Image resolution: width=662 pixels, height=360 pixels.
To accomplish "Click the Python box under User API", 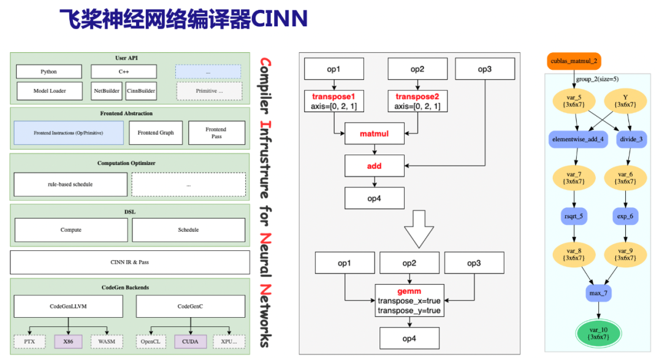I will coord(48,72).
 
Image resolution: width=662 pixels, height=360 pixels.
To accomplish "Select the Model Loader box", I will coord(49,91).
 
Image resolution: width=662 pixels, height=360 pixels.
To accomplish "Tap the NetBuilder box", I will coord(106,91).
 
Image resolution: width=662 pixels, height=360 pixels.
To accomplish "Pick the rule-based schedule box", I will coord(70,184).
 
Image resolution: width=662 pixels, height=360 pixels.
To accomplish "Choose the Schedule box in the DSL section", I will coord(188,230).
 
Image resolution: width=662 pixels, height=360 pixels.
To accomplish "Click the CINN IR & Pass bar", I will coord(130,262).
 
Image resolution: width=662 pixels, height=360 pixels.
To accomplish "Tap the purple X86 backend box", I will coord(67,340).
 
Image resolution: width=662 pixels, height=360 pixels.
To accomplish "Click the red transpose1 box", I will coord(334,101).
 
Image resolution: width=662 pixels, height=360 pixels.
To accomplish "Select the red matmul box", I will coord(375,133).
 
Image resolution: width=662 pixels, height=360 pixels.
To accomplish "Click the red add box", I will coord(375,166).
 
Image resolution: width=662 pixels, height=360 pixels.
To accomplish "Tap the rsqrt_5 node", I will coord(574,216).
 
